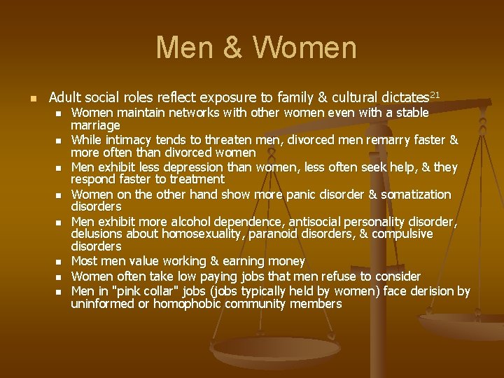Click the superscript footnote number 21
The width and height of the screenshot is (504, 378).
point(435,94)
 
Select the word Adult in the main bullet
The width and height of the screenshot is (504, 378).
point(66,97)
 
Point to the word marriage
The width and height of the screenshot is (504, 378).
point(95,125)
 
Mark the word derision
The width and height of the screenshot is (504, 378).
point(429,291)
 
